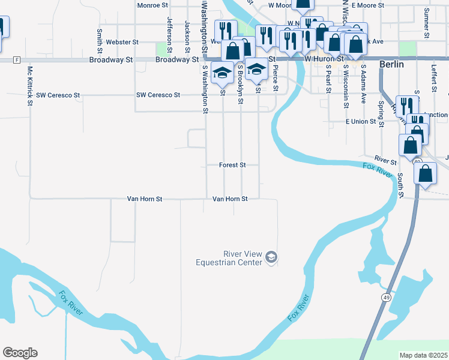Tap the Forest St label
(x=232, y=164)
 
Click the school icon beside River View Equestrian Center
(x=271, y=257)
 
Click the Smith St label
(x=99, y=39)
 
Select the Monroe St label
(x=152, y=5)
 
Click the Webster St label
(x=122, y=43)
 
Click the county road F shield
(x=17, y=60)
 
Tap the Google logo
(x=20, y=353)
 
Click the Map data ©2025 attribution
(x=423, y=355)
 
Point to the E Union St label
(x=360, y=122)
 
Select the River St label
(x=385, y=161)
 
